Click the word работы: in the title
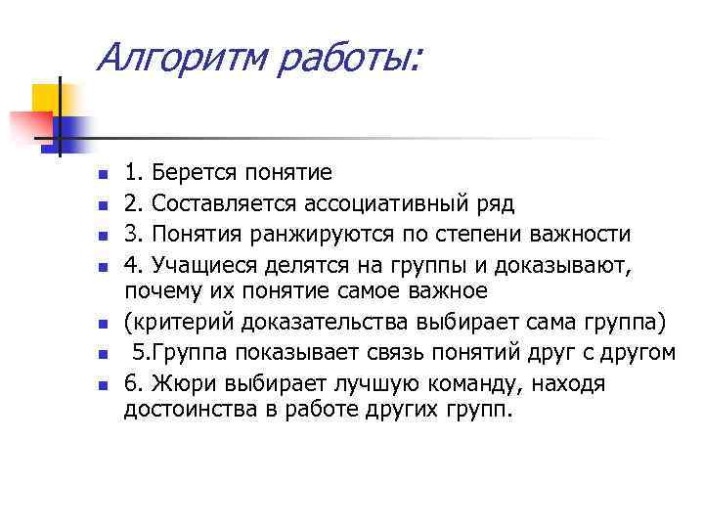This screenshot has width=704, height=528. [x=348, y=61]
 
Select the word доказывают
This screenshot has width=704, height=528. [x=564, y=265]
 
